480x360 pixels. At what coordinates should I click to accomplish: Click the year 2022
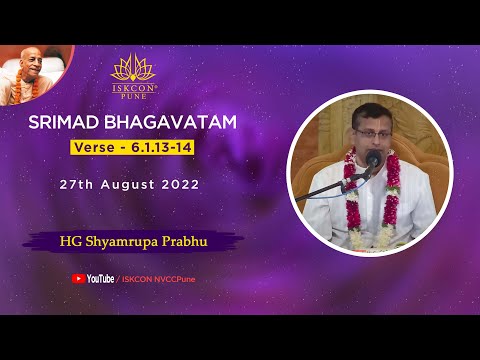pos(181,185)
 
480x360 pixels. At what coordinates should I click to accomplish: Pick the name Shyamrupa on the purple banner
pos(123,240)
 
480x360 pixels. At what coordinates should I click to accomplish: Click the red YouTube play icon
pos(79,278)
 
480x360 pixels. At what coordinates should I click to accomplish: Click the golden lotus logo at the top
pos(135,68)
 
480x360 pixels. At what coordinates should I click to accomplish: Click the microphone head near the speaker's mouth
pos(372,158)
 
